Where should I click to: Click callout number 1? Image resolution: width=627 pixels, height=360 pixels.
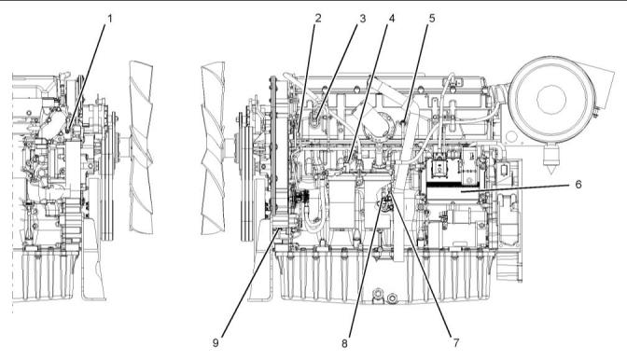109,19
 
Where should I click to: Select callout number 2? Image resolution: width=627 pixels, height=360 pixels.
318,18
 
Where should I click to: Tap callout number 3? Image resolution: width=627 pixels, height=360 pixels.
362,19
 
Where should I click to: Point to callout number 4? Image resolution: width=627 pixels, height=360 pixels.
392,19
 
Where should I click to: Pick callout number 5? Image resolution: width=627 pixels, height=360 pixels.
432,19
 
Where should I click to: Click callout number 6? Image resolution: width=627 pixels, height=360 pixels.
578,184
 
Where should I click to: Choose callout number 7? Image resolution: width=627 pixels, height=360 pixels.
456,342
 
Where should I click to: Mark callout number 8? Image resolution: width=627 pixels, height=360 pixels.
344,343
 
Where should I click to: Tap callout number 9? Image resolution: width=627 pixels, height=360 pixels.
216,343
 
